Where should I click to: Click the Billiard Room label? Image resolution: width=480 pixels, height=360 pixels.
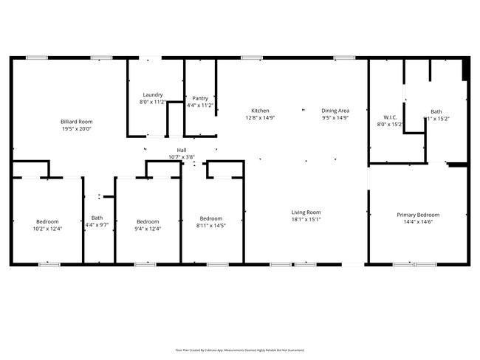coord(77,121)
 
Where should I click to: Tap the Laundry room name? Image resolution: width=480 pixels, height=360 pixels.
coord(153,94)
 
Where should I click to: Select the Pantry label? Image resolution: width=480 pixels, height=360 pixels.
coord(200,98)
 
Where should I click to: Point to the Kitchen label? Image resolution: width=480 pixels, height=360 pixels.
coord(260,111)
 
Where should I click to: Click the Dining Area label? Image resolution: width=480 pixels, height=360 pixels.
coord(335,111)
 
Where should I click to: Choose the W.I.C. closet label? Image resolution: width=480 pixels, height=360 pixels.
coord(391,117)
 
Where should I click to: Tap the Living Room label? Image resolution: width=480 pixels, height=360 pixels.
coord(306,212)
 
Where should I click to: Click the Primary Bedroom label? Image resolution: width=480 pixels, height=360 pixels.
coord(417,215)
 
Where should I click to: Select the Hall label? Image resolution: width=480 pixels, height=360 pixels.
coord(171,150)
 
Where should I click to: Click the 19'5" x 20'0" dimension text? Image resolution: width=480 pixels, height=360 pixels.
coord(77,129)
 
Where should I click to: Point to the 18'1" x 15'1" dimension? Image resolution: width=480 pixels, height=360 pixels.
coord(306,220)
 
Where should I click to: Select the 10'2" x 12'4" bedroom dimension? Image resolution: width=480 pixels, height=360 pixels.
coord(47,229)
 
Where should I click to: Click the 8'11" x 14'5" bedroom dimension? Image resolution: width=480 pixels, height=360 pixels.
coord(210,226)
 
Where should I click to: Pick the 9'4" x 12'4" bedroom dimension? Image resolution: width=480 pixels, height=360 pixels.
coord(148,229)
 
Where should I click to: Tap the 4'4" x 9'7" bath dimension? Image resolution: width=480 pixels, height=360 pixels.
coord(97,225)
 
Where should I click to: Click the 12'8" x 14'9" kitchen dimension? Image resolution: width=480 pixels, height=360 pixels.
coord(260,118)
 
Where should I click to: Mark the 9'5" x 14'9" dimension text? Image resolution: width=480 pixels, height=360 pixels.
coord(335,118)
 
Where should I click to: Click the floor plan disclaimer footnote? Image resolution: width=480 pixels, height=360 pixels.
coord(239,350)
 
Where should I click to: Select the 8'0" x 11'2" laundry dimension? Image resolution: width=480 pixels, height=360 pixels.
coord(153,102)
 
